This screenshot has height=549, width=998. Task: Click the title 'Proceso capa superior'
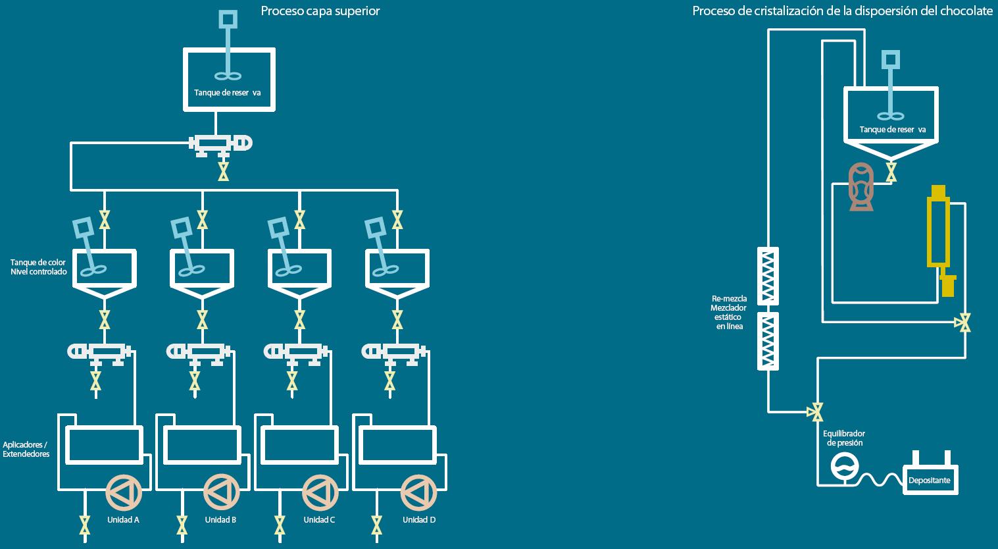[320, 11]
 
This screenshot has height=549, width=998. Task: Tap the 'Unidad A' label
[123, 519]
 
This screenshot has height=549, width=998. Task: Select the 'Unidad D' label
[419, 519]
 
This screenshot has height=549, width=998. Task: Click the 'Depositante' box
[929, 480]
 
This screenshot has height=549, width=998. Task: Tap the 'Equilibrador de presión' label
[844, 438]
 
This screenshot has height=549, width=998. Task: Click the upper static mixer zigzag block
[768, 276]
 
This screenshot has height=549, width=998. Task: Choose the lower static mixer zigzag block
[768, 340]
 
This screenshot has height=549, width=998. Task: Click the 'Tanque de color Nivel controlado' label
[38, 267]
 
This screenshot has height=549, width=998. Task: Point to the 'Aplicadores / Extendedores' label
[26, 449]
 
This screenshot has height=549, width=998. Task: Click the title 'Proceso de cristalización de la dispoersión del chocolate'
[842, 11]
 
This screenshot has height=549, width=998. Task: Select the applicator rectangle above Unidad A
[104, 445]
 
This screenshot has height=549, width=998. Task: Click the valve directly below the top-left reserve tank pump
[224, 172]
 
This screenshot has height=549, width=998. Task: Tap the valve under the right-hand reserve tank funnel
[891, 172]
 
